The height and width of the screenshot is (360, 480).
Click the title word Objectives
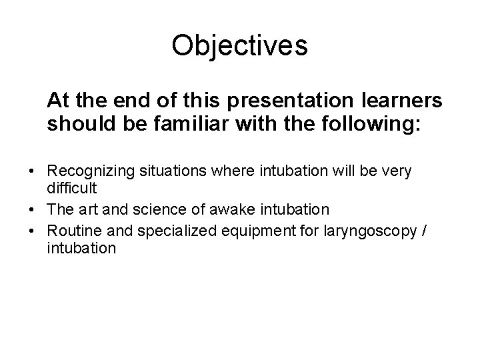click(239, 46)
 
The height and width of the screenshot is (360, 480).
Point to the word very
click(397, 171)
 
